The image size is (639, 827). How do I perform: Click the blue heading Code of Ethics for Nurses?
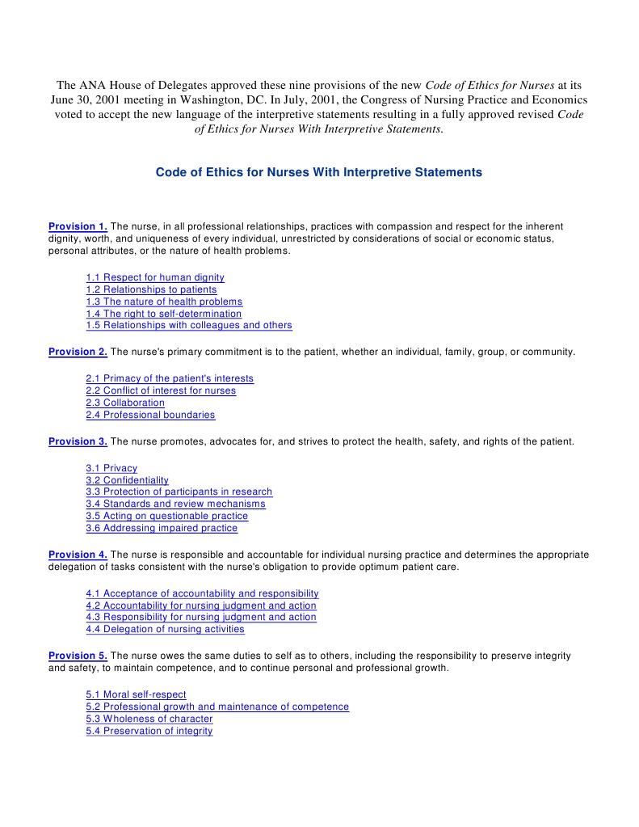tap(318, 172)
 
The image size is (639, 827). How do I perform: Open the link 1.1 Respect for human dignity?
tap(155, 277)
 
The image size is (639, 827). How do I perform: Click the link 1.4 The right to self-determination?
tap(163, 314)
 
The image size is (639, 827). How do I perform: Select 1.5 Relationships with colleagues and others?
tap(189, 326)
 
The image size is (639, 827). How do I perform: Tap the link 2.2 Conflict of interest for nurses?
tap(161, 390)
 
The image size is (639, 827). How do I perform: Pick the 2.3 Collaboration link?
tap(125, 403)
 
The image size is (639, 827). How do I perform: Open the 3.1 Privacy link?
tap(111, 468)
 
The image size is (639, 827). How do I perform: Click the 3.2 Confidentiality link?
tap(127, 480)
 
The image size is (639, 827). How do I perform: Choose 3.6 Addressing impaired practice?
tap(162, 529)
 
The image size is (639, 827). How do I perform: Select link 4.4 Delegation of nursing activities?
tap(165, 630)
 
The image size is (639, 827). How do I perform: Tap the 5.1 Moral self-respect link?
tap(136, 694)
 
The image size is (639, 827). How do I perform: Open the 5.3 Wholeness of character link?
tap(149, 719)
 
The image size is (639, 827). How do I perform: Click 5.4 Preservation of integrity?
tap(149, 731)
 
